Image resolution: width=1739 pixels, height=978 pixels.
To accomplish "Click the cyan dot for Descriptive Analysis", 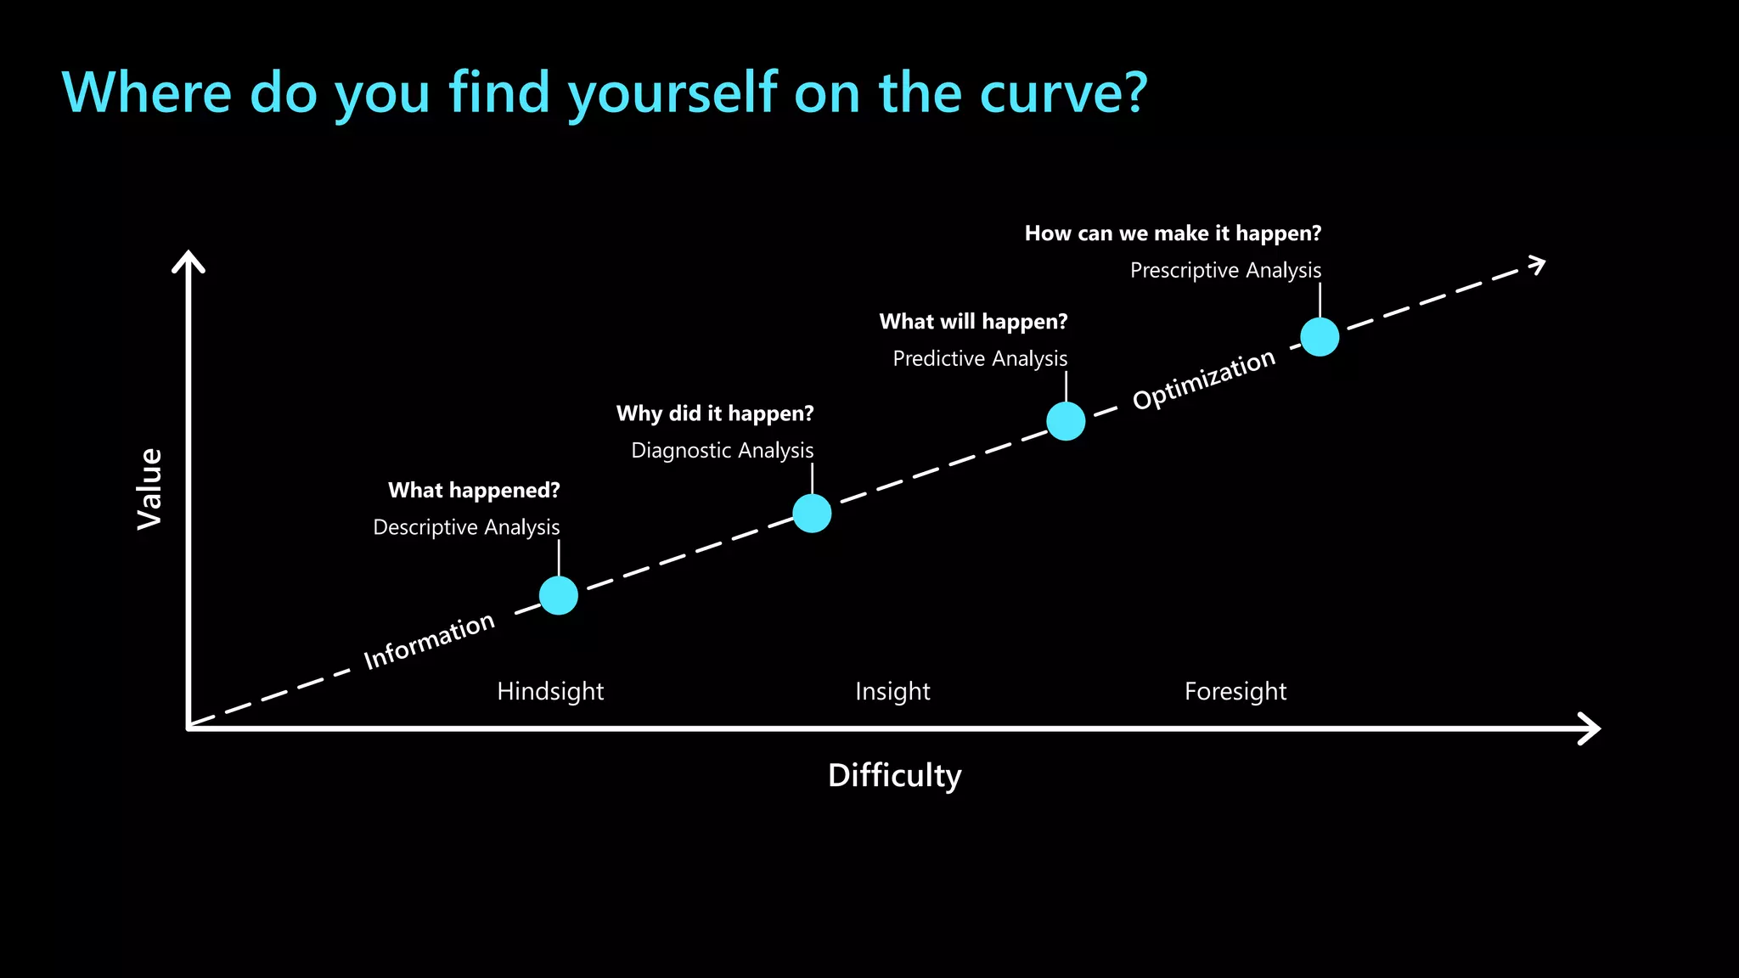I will [x=559, y=595].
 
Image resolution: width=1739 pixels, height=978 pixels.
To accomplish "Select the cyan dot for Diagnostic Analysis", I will [x=812, y=513].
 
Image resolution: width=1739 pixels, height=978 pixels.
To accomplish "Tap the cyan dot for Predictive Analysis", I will [x=1066, y=421].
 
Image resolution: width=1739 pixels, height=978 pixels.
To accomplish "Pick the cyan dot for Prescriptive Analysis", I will [x=1320, y=337].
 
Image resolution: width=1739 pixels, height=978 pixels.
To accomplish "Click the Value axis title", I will [x=149, y=489].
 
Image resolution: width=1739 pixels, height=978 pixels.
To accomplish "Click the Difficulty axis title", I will [x=894, y=775].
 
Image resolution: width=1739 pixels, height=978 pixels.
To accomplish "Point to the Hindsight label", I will [x=550, y=691].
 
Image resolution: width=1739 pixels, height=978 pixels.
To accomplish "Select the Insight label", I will [x=892, y=691].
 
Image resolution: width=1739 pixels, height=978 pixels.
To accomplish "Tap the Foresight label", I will [x=1235, y=691].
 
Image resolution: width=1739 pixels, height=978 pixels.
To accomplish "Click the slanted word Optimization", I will [x=1203, y=379].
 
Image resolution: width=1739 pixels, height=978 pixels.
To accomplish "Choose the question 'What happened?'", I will [x=474, y=490].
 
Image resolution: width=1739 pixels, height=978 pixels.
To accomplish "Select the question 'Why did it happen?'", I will [x=715, y=413].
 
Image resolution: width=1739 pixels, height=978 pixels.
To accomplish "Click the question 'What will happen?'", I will [x=973, y=322].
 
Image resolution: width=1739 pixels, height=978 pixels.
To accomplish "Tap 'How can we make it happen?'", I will [x=1173, y=233].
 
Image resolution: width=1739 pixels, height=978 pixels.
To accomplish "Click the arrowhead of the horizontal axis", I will [x=1590, y=728].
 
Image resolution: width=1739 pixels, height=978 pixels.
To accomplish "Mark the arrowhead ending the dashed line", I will [x=1536, y=265].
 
